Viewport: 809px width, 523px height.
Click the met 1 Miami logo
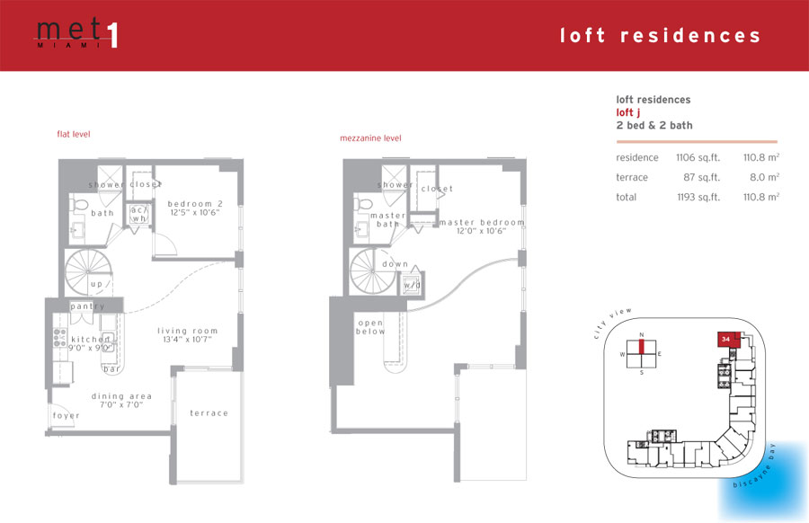(x=77, y=33)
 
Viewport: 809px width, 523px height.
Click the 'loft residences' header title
(x=660, y=36)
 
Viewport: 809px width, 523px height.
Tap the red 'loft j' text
(x=628, y=113)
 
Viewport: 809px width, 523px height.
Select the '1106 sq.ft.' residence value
(x=698, y=158)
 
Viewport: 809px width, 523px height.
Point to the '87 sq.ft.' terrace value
(x=701, y=177)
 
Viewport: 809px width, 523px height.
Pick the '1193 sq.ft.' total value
(x=698, y=197)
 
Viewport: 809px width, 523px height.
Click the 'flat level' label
(x=74, y=134)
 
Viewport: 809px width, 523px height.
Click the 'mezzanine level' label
(x=370, y=138)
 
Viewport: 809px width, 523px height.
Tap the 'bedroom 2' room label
(x=195, y=204)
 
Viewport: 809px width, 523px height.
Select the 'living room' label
(x=187, y=331)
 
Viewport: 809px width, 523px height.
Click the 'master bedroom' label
(x=482, y=222)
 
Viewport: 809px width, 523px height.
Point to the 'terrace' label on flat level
(x=209, y=413)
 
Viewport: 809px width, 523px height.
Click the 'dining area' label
(x=121, y=396)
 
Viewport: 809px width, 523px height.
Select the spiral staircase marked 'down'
(x=373, y=271)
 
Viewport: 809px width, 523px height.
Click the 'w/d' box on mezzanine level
(x=413, y=284)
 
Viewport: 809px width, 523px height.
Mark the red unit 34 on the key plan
(x=727, y=340)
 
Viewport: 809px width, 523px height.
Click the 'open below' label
(x=370, y=327)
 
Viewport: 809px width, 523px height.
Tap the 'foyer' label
(x=66, y=416)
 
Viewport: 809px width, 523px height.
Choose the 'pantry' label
(x=87, y=306)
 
